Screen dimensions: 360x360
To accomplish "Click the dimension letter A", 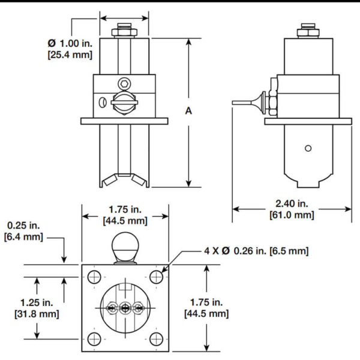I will tap(188, 111).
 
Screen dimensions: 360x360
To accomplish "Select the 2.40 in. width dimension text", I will tap(292, 203).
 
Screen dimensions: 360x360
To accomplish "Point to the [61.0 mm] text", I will tap(292, 215).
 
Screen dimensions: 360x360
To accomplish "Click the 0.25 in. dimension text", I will tap(23, 226).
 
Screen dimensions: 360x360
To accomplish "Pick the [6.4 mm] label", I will tap(23, 238).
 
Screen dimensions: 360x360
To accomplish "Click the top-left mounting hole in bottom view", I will tap(94, 277).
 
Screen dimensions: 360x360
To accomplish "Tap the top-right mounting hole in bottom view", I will tap(156, 277).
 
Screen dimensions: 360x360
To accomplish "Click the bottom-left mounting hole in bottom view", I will tap(94, 337).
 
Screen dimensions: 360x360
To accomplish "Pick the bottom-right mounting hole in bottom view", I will tap(156, 337).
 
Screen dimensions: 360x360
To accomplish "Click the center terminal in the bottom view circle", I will tap(125, 308).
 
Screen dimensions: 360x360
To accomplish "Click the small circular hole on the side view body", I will tap(307, 148).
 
